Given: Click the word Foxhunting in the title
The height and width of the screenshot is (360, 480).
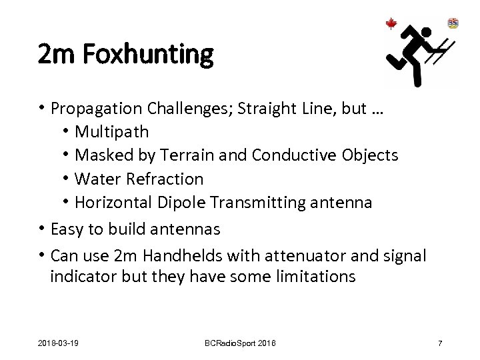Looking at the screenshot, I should (149, 53).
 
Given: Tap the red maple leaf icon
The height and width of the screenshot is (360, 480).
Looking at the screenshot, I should (391, 24).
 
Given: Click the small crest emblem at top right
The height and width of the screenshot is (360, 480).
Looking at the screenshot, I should (453, 23).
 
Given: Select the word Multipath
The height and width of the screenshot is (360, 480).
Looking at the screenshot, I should (112, 131).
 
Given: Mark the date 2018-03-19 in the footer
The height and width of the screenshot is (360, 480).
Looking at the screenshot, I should (58, 343).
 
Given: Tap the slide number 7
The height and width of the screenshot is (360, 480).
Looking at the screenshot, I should (440, 343).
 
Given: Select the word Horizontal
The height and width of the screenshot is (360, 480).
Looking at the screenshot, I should (114, 203).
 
